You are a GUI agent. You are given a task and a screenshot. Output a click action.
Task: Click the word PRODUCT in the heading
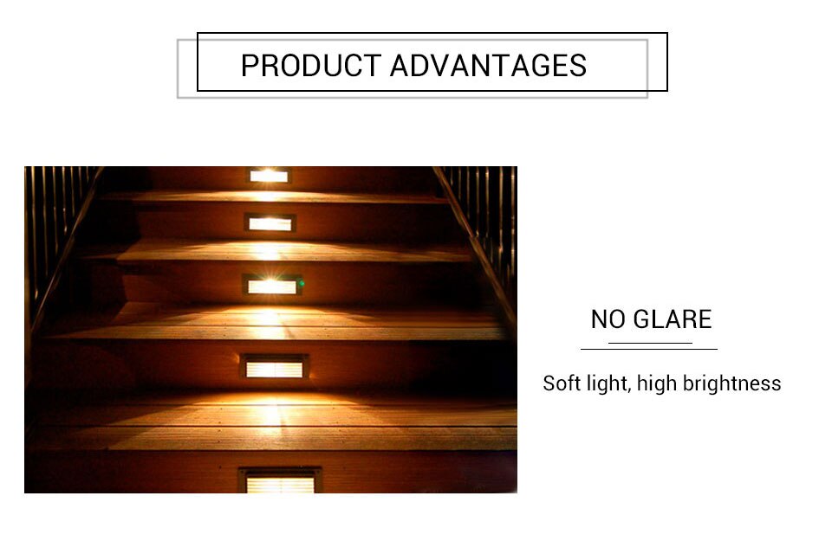[x=311, y=66]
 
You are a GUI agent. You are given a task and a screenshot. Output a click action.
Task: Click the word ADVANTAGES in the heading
[x=488, y=66]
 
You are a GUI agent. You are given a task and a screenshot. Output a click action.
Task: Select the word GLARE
[x=673, y=319]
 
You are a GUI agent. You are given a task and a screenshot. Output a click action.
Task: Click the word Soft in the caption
[x=562, y=383]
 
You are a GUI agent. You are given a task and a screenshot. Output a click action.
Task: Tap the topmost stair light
[x=269, y=176]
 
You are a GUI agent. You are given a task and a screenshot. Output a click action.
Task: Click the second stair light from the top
[x=270, y=223]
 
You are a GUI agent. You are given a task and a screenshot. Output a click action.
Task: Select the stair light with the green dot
[x=272, y=286]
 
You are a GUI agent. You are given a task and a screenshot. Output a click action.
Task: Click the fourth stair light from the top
[x=275, y=367]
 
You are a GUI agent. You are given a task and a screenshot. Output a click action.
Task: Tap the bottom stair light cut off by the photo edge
[x=280, y=480]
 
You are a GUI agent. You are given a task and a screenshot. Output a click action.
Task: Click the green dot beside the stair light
[x=302, y=283]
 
